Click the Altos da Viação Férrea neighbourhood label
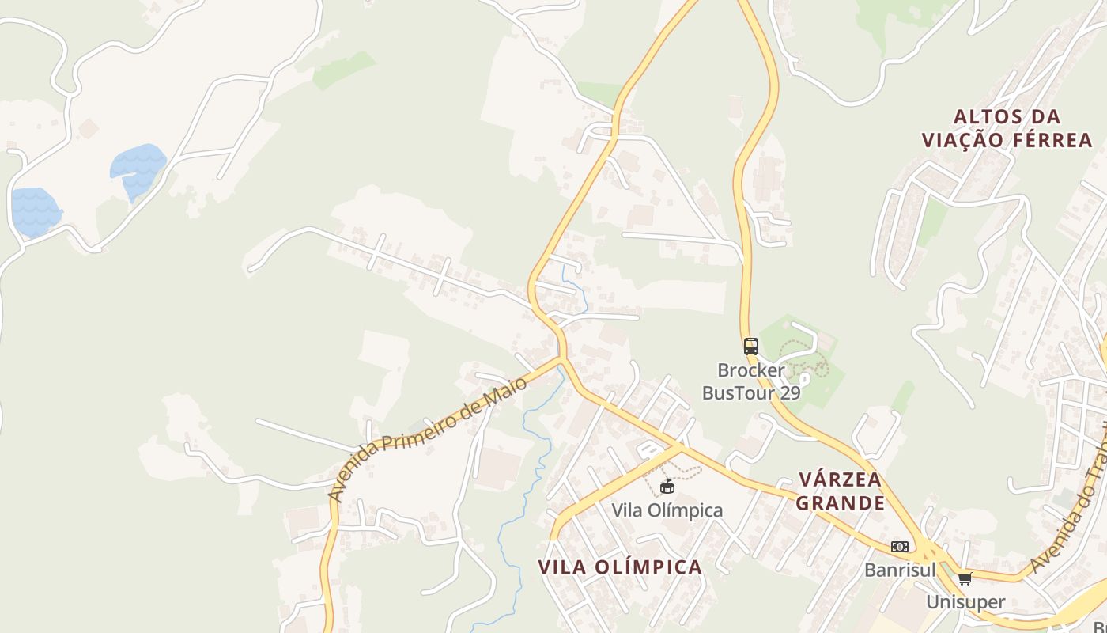coord(1007,128)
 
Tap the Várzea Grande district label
coord(840,491)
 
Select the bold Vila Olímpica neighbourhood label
coord(620,567)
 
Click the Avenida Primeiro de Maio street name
coord(427,438)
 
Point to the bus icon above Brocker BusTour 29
coord(750,346)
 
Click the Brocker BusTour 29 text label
coord(751,381)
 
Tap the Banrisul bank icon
coord(899,547)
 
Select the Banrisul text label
coord(900,570)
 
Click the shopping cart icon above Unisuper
coord(965,578)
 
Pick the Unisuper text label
coord(965,601)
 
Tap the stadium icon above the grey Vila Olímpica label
coord(667,486)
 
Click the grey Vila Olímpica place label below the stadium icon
coord(667,510)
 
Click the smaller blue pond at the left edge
coord(34,212)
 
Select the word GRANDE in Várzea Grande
coord(840,503)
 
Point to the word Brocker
coord(751,370)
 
